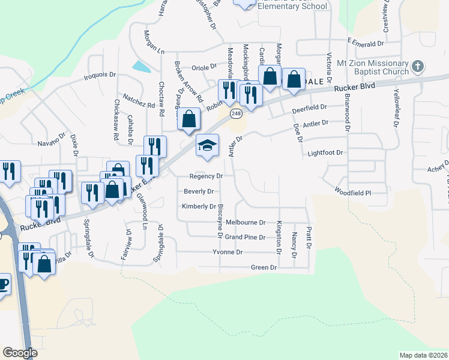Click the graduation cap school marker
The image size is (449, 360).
coord(207,146)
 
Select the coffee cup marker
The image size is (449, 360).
coord(2,283)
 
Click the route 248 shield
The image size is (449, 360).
coord(236,113)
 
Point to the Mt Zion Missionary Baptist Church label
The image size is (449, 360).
coord(372,67)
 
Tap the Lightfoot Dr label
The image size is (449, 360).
coord(325,153)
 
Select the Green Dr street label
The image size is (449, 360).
coord(264,267)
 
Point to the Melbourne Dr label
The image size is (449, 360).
coord(245,223)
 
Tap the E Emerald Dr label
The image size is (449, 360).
coord(365,44)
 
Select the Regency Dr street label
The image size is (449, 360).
coord(206,176)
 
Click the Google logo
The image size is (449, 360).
coord(20,353)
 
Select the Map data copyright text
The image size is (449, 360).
coord(424,355)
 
